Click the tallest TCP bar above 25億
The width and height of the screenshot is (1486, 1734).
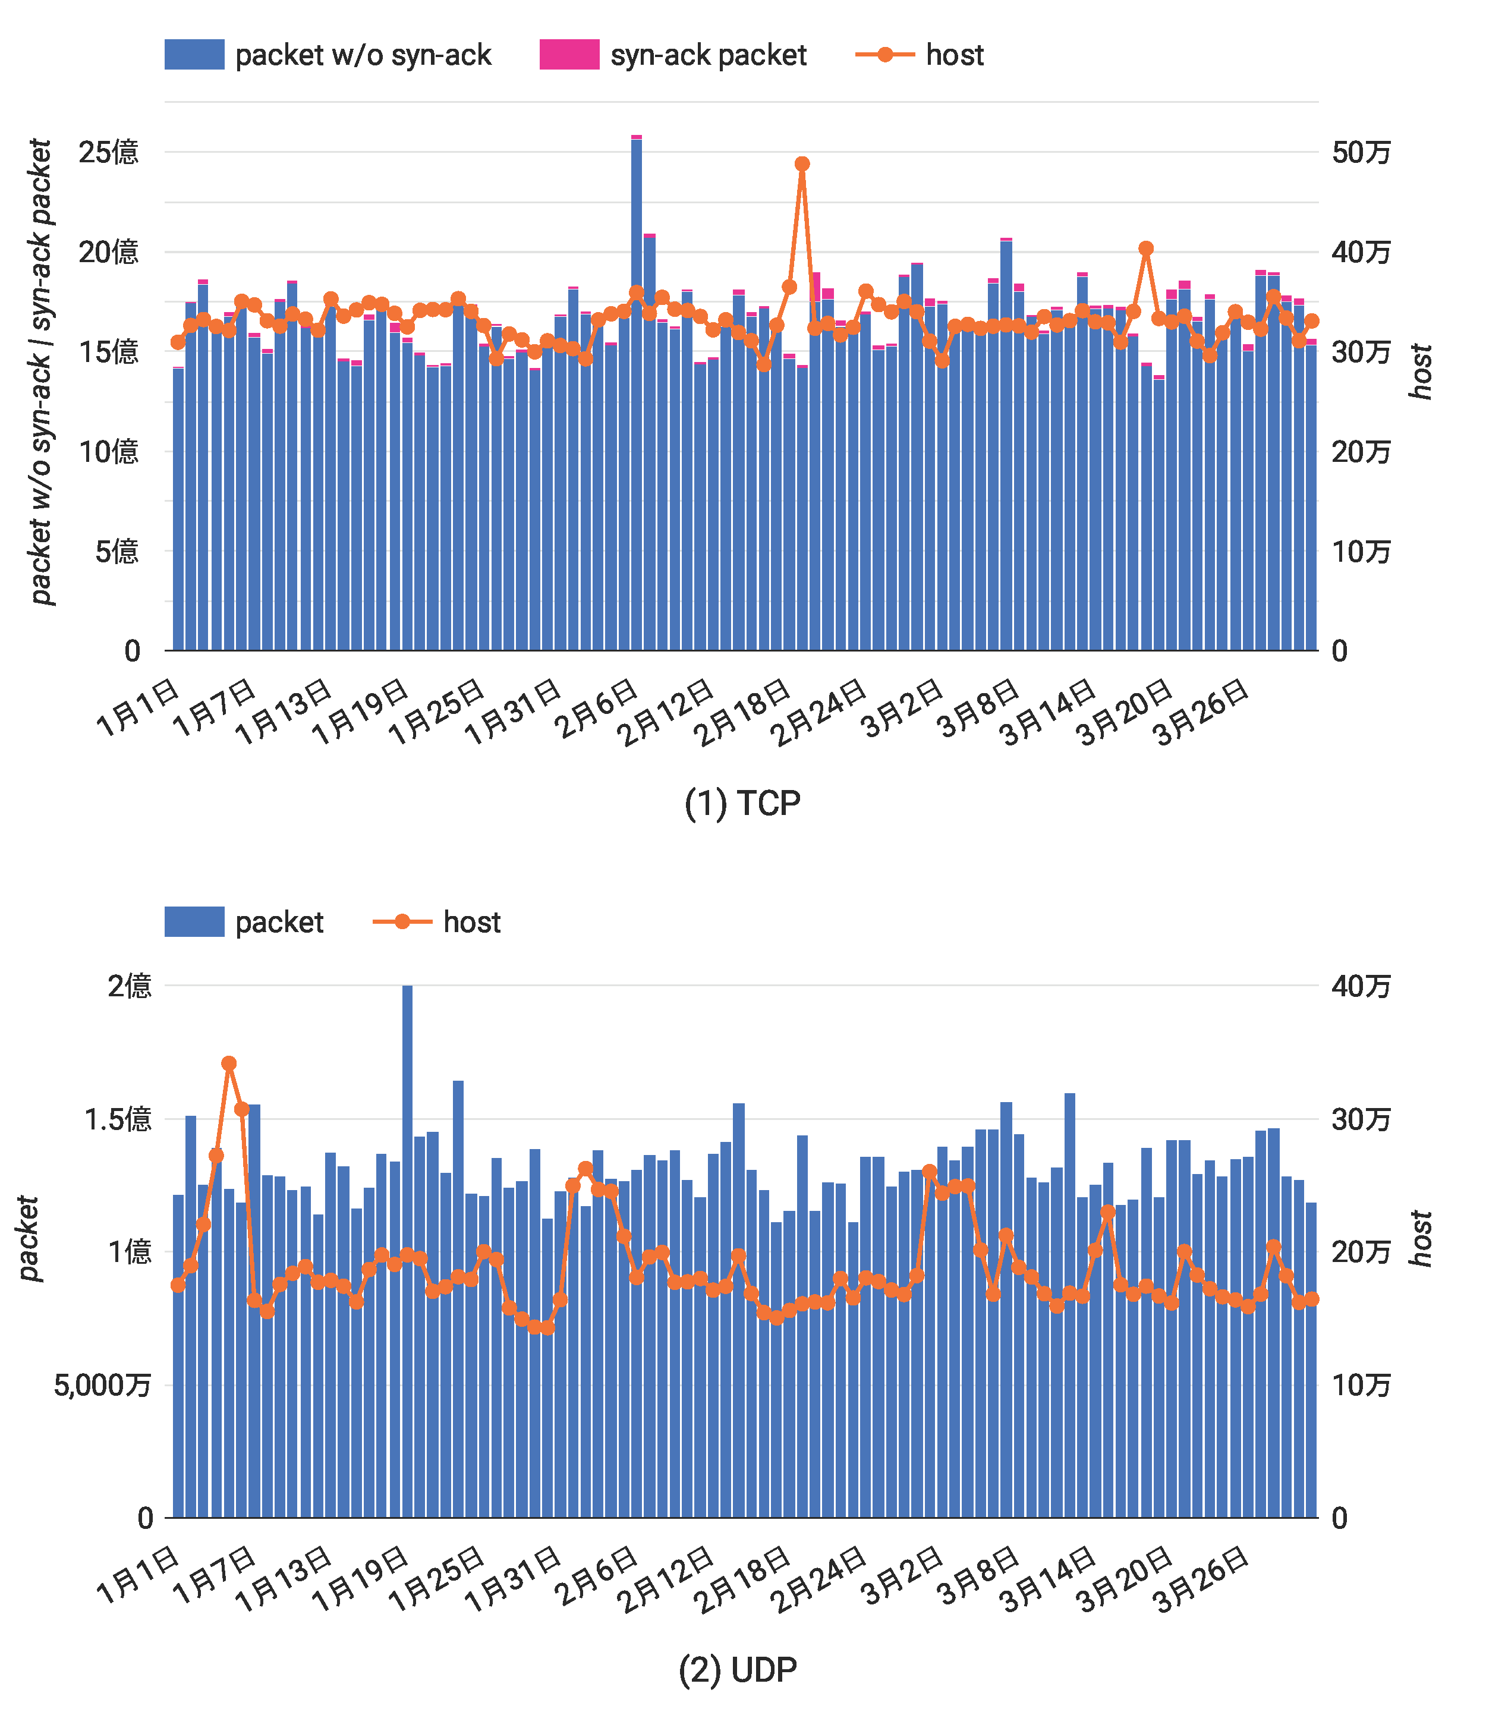pyautogui.click(x=636, y=394)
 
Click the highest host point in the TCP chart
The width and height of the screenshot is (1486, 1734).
pyautogui.click(x=802, y=164)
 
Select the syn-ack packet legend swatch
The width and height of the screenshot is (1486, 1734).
pyautogui.click(x=569, y=55)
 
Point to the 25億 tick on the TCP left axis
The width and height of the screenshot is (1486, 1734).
pyautogui.click(x=108, y=152)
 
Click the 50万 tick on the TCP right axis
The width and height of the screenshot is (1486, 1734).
pyautogui.click(x=1361, y=152)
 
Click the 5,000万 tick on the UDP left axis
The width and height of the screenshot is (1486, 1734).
pyautogui.click(x=102, y=1385)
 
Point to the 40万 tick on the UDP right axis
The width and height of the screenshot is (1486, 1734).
pyautogui.click(x=1361, y=986)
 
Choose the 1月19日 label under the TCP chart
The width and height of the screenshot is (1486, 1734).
pyautogui.click(x=360, y=712)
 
